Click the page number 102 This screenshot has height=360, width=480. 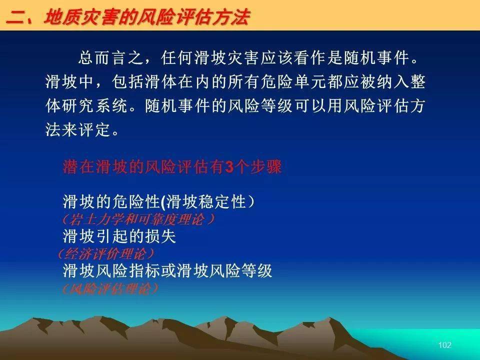point(445,345)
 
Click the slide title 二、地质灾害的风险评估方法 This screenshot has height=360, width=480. point(128,17)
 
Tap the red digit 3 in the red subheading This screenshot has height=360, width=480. point(229,167)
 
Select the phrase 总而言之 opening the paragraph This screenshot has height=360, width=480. point(110,58)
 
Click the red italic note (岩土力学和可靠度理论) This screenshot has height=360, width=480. point(138,219)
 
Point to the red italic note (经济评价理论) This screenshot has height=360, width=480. point(106,253)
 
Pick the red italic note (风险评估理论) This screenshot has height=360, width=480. point(109,288)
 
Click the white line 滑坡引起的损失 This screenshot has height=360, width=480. point(119,236)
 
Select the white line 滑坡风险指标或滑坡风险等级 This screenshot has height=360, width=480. point(167,270)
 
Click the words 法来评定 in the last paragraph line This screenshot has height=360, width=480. point(78,130)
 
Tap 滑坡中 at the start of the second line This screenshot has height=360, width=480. point(70,82)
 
